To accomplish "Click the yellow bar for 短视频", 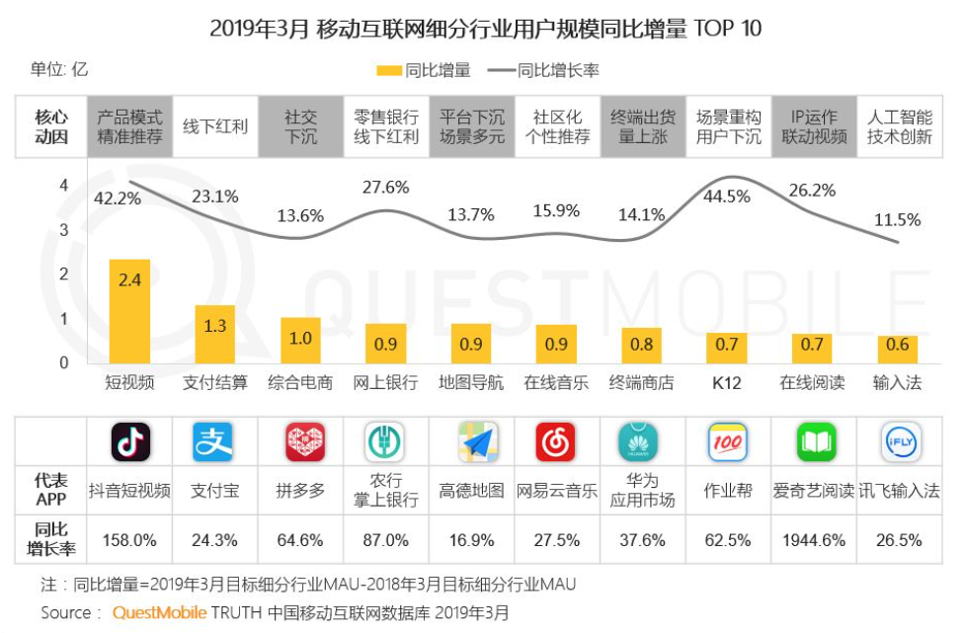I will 129,311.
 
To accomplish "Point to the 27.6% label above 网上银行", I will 386,188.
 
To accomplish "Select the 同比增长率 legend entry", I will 542,70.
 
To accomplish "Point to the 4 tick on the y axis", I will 63,186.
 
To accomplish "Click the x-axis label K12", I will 727,382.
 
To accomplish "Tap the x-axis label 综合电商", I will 300,382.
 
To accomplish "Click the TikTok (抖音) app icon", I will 130,442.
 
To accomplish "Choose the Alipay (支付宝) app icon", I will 213,442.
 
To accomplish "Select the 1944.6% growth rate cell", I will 814,540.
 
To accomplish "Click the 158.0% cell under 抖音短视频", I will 130,540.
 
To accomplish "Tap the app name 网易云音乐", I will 557,491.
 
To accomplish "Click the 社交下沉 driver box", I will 300,126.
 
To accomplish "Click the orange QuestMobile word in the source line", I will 159,613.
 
